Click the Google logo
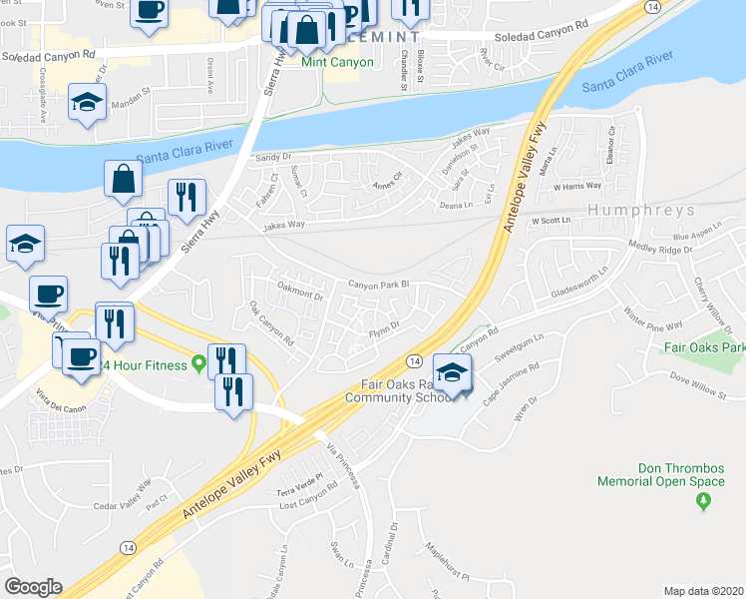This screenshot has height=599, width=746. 33,587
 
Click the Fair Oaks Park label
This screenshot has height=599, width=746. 703,348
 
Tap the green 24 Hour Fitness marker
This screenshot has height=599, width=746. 198,365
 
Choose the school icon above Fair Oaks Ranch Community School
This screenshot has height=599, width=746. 453,371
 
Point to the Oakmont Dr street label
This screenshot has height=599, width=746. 300,296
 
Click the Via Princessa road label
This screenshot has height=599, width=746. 345,467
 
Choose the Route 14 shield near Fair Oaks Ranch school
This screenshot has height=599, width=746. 414,358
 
